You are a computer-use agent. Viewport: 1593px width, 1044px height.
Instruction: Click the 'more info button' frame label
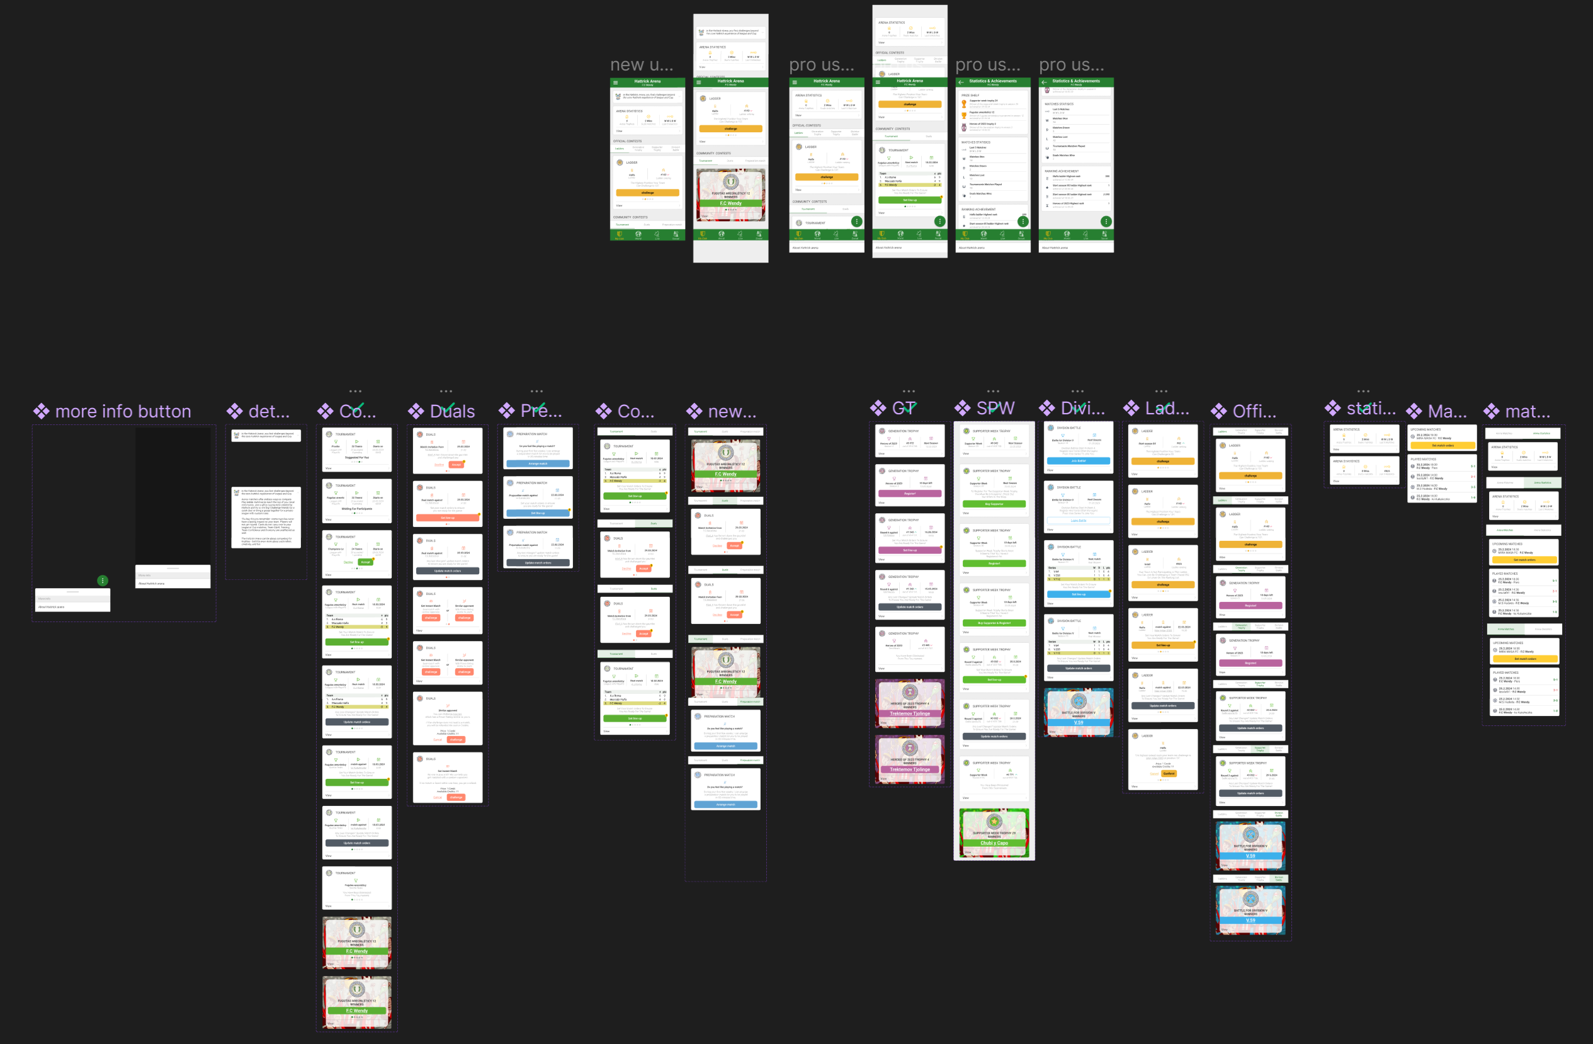coord(123,411)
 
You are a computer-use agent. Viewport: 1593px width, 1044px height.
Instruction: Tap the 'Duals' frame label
coord(452,411)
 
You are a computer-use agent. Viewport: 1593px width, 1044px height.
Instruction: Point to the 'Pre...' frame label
coord(541,411)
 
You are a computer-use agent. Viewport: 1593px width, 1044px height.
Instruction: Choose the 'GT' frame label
coord(904,408)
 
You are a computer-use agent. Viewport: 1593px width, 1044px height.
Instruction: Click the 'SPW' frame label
coord(995,408)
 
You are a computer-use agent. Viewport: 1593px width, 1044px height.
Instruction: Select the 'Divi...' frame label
coord(1082,408)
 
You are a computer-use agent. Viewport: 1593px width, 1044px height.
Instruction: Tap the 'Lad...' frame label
coord(1167,408)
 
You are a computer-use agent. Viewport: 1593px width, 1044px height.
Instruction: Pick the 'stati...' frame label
coord(1371,408)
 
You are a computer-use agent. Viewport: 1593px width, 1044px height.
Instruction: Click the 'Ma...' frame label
coord(1446,411)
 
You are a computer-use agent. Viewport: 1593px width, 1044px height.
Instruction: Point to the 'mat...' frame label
coord(1527,411)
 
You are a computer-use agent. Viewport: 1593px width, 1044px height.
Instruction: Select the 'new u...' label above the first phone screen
coord(641,65)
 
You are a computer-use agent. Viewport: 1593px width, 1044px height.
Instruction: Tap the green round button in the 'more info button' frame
coord(103,580)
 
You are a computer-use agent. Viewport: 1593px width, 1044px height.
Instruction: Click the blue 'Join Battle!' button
coord(1079,460)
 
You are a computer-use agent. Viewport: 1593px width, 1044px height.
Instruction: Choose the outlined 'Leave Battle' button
coord(1079,520)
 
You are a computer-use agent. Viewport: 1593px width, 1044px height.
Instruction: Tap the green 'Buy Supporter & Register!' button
coord(994,623)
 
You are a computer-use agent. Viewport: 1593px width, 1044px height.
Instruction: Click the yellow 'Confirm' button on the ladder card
coord(1169,773)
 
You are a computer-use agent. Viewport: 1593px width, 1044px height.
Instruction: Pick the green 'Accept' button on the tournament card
coord(365,562)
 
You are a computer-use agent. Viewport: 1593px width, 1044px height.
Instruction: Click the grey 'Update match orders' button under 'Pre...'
coord(538,563)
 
